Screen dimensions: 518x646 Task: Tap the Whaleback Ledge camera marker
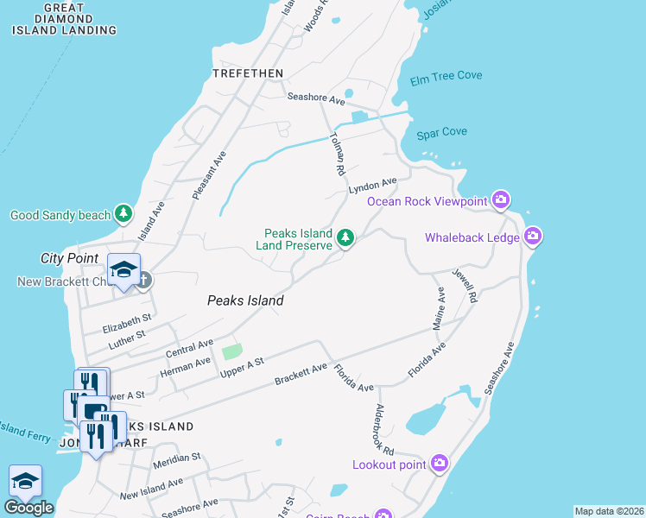532,236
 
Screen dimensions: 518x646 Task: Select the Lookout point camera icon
440,464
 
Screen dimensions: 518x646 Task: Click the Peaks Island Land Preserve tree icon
345,237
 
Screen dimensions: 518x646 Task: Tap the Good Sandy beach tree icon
123,213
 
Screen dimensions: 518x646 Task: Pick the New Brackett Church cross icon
143,280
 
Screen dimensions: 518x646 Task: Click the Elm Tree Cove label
446,76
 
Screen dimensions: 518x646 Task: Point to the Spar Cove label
441,132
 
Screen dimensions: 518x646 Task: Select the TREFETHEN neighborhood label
247,73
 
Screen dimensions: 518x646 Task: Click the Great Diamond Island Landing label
64,19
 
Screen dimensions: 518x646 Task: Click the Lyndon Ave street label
372,186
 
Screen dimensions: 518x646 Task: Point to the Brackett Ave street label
301,375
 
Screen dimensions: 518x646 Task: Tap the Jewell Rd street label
465,284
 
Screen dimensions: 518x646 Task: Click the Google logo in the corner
28,508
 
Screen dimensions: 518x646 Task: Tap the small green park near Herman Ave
231,352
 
